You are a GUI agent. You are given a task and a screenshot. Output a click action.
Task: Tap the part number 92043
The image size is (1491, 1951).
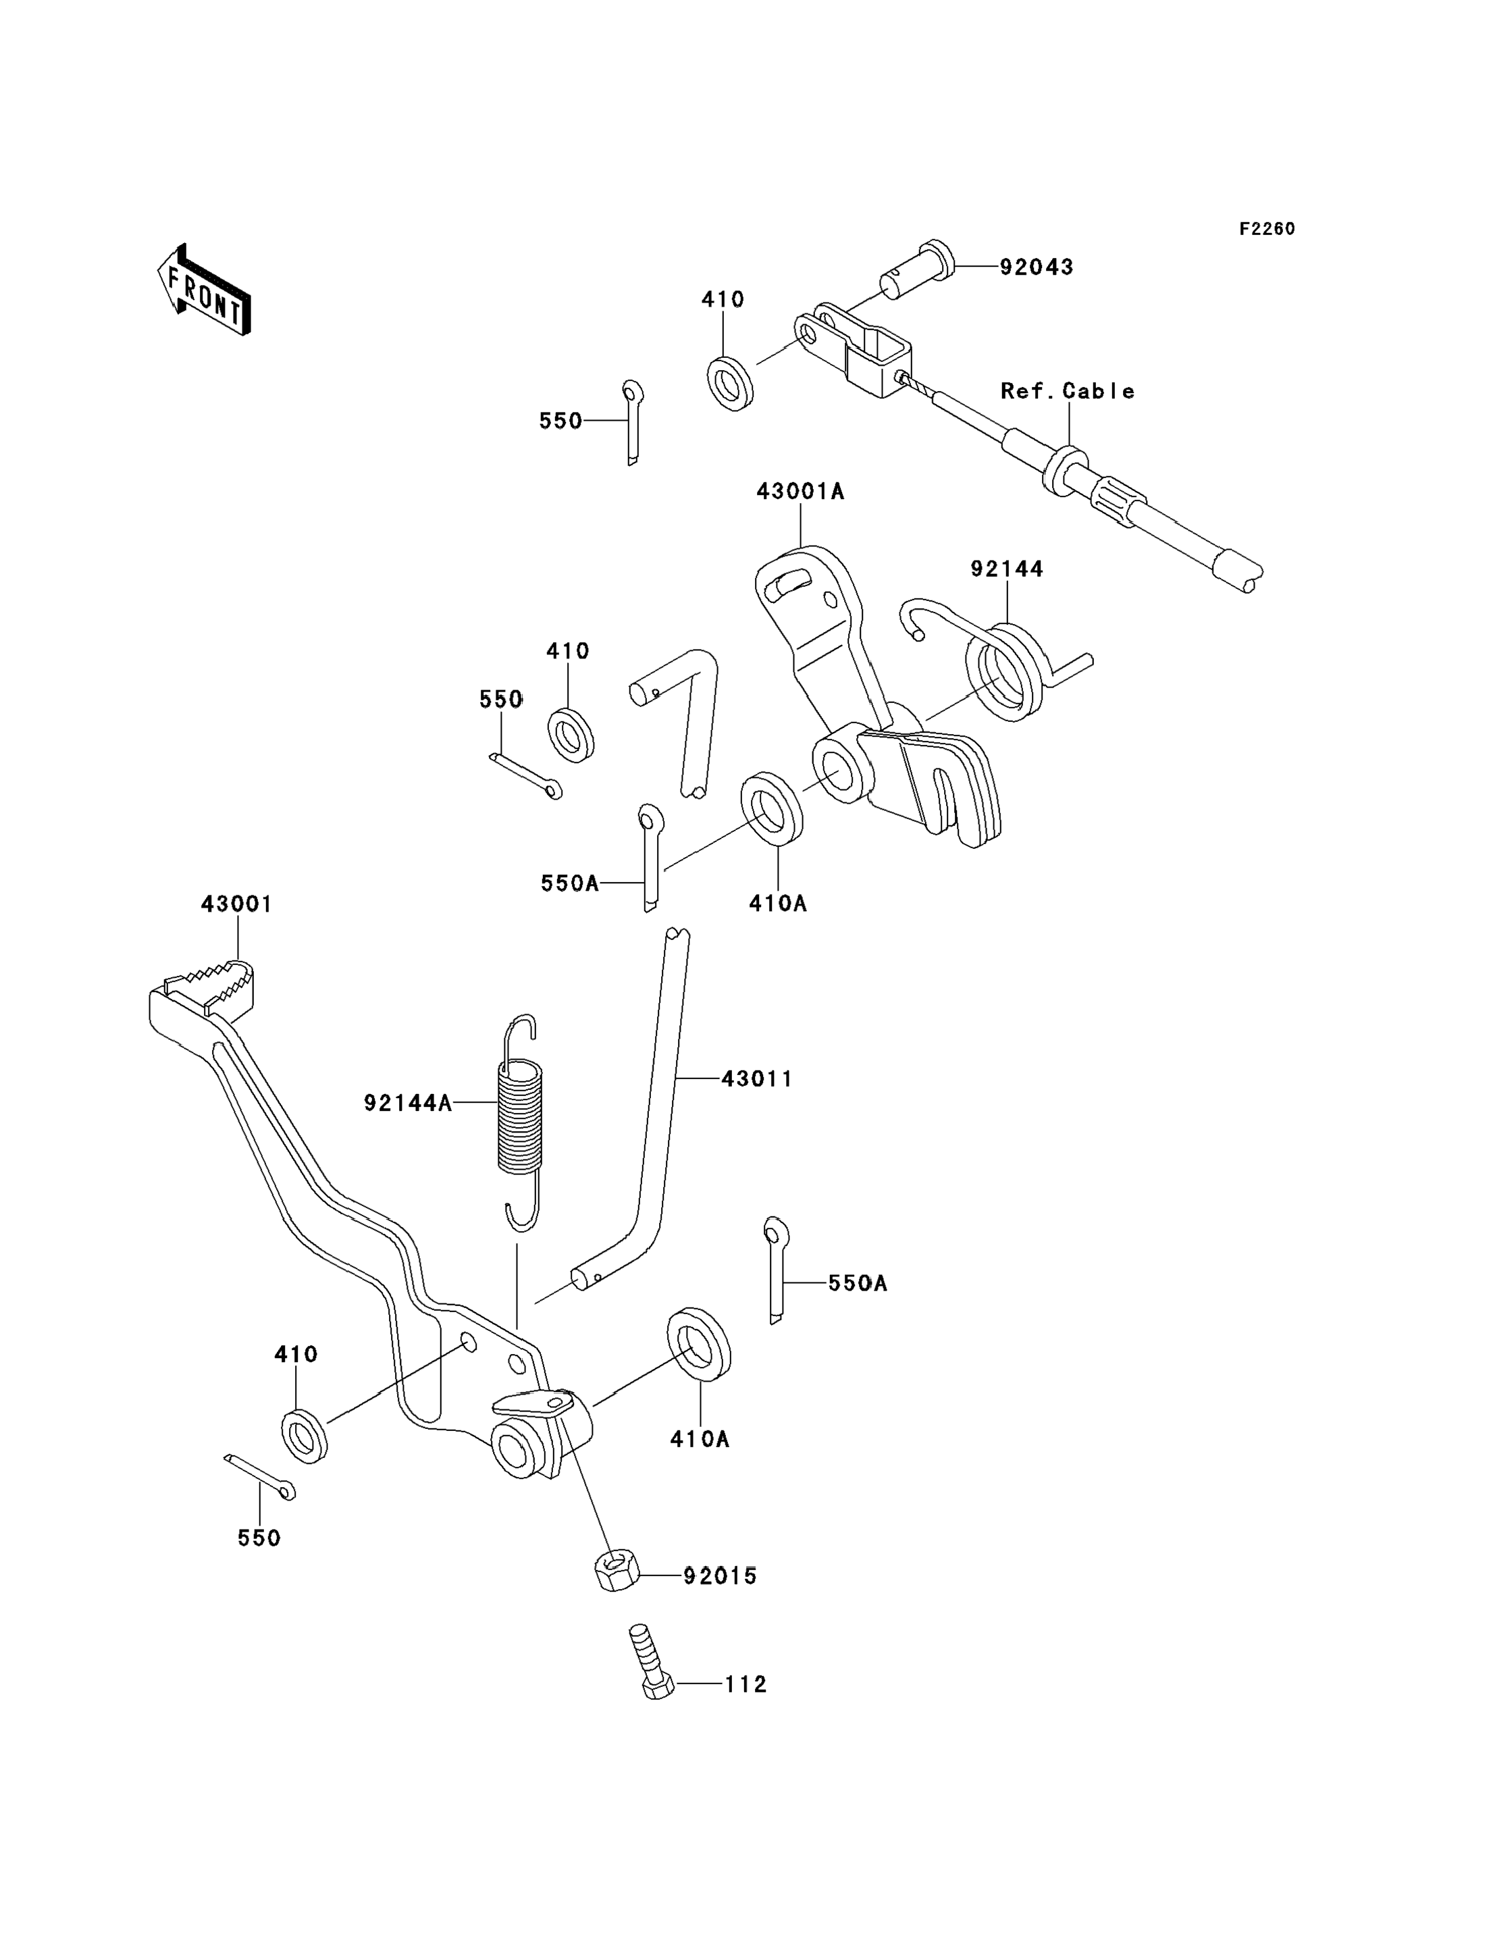pyautogui.click(x=1036, y=267)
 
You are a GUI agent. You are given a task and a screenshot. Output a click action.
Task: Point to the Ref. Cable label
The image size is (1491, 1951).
pyautogui.click(x=1067, y=392)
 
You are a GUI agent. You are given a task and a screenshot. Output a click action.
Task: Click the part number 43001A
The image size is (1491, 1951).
pyautogui.click(x=800, y=492)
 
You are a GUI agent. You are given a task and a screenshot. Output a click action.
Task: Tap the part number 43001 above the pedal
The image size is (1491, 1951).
pyautogui.click(x=236, y=904)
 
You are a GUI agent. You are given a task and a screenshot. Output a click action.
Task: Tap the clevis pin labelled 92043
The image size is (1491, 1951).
pyautogui.click(x=918, y=271)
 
